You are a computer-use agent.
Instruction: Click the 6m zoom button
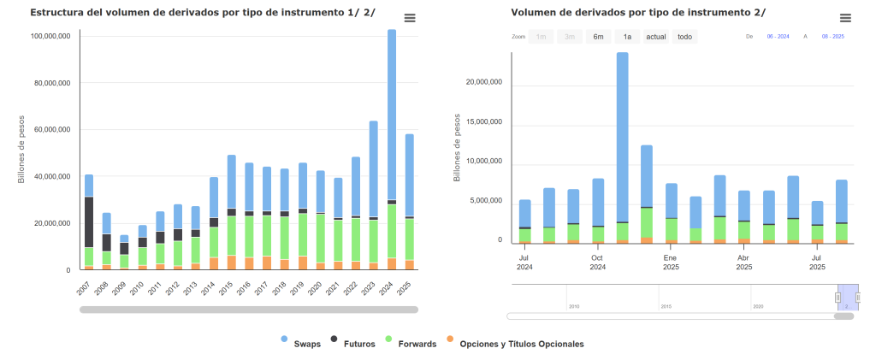(598, 37)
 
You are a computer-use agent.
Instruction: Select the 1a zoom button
(627, 37)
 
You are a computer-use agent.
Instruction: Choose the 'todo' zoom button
(684, 37)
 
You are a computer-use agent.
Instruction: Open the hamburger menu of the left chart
(410, 18)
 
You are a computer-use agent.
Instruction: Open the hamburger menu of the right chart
(845, 18)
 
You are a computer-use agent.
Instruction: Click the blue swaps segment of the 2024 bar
(392, 111)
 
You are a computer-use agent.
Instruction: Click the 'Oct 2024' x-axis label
(597, 262)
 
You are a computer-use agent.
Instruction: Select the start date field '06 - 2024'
(778, 37)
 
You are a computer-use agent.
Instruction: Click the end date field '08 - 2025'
(832, 37)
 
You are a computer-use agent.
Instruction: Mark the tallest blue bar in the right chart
(623, 137)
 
